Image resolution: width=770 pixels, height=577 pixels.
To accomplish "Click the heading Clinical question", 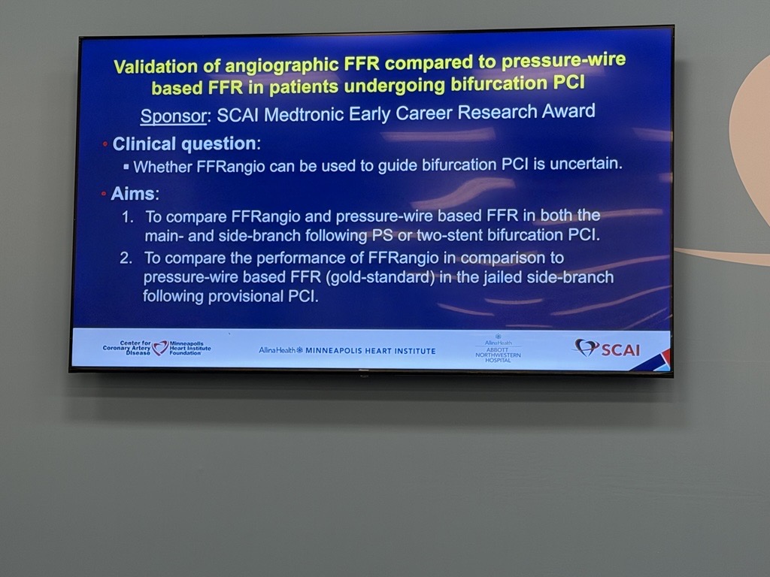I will (183, 143).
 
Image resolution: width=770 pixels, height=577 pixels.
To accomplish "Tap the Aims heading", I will (132, 194).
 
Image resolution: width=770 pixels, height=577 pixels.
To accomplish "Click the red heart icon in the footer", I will (160, 348).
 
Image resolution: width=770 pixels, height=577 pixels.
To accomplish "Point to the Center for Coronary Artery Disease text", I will (126, 348).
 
